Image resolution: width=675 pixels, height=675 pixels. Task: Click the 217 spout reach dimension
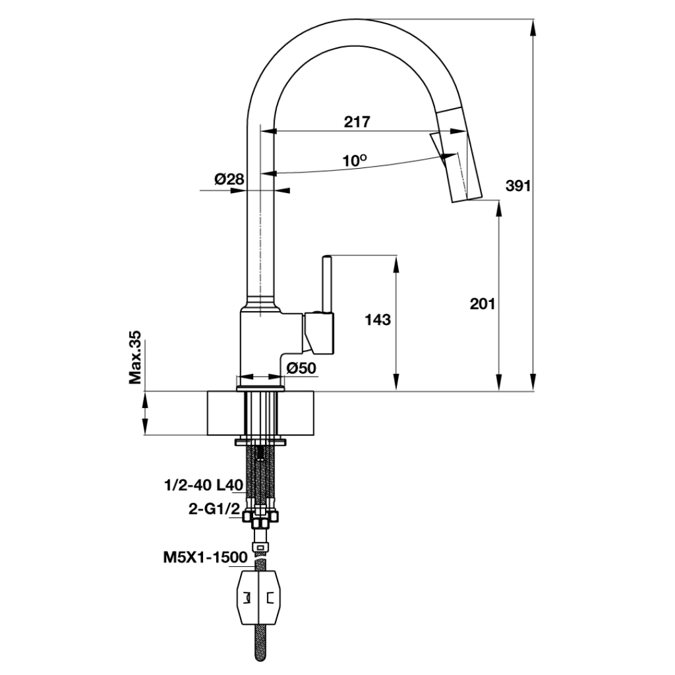click(x=357, y=122)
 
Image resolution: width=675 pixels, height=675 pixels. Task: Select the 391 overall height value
click(x=518, y=186)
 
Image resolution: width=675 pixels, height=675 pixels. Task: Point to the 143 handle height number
click(x=378, y=320)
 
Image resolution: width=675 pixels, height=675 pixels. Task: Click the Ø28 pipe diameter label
click(x=229, y=179)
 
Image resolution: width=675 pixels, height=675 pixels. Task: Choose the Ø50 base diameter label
click(x=302, y=368)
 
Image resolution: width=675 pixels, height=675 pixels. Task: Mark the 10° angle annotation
click(x=354, y=160)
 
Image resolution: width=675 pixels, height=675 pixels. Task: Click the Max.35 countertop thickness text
click(x=135, y=358)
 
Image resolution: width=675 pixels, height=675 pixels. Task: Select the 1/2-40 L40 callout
click(x=204, y=486)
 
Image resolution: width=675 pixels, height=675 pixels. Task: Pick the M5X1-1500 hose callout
click(x=205, y=558)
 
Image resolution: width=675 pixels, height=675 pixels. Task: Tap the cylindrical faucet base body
click(x=262, y=343)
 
